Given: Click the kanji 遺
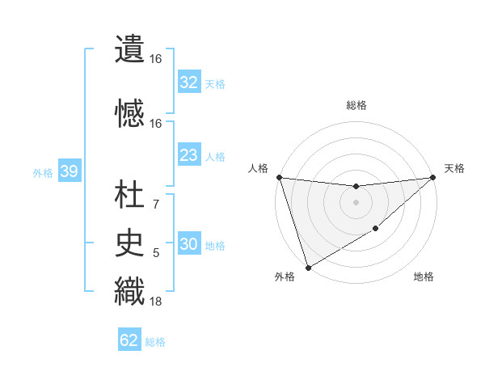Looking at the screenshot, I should (x=129, y=49).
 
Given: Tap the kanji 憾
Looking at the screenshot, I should (x=129, y=113).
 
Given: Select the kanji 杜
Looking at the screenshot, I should (x=129, y=194).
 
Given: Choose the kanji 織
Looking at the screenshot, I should (x=129, y=291).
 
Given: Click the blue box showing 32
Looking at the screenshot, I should (x=188, y=82).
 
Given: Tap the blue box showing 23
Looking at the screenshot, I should (x=188, y=155).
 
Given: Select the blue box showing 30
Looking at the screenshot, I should (x=188, y=245).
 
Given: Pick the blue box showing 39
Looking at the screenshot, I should (x=69, y=171).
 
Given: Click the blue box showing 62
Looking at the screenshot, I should (x=129, y=340).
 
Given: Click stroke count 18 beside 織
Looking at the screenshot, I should (x=156, y=302).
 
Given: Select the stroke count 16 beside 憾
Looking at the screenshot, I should (x=156, y=123).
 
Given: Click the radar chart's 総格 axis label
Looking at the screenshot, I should (x=356, y=105).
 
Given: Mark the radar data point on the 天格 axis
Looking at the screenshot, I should (x=432, y=177).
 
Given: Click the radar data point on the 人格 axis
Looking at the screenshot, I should (x=279, y=177).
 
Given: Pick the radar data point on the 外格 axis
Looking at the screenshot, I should (x=308, y=267).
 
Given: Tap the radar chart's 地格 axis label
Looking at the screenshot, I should (x=424, y=277).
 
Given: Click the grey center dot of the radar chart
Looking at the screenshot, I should (x=356, y=202).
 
